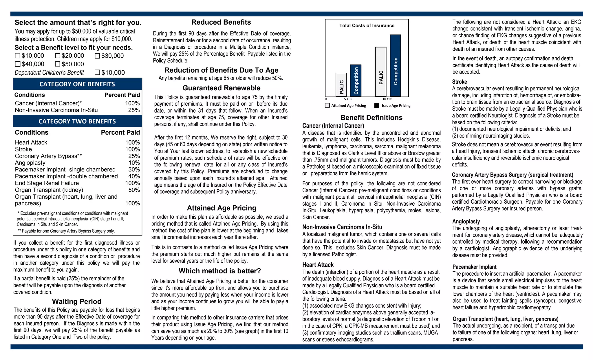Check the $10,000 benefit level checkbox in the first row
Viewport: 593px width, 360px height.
coord(18,56)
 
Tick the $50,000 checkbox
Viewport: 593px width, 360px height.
coord(58,64)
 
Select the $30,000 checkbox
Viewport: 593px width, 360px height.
coord(97,56)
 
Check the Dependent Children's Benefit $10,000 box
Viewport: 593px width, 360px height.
coord(97,72)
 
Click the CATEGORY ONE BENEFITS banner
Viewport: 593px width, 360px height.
coord(77,84)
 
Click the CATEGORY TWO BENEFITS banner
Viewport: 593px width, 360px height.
coord(77,121)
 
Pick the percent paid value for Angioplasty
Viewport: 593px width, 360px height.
coord(134,163)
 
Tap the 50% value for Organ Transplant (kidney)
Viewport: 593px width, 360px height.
coord(134,190)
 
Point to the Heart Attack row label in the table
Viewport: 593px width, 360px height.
coord(31,142)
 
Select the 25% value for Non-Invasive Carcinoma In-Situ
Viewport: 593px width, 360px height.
coord(134,110)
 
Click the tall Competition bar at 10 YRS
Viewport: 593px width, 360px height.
coord(396,65)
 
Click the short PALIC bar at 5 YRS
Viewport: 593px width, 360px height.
coord(341,84)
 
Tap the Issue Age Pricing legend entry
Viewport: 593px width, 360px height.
coord(393,106)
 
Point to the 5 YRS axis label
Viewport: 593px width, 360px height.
coord(348,99)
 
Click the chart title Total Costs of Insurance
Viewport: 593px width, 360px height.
coord(367,25)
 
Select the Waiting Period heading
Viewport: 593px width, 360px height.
coord(77,301)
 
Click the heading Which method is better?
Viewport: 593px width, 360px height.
coord(220,271)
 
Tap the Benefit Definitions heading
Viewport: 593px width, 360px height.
coord(371,118)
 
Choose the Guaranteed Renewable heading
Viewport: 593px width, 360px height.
coord(222,88)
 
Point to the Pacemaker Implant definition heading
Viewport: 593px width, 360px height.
coord(474,267)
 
